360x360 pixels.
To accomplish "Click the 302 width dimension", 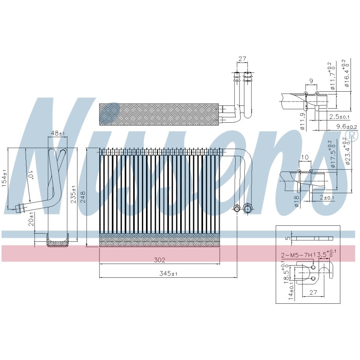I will [159, 260].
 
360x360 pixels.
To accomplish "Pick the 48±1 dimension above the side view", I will [58, 133].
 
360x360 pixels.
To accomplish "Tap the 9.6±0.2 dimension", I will [346, 126].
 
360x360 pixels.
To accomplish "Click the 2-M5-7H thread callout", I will [297, 255].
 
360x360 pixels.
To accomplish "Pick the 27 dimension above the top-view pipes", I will [242, 59].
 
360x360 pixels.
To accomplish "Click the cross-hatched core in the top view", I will [159, 114].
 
